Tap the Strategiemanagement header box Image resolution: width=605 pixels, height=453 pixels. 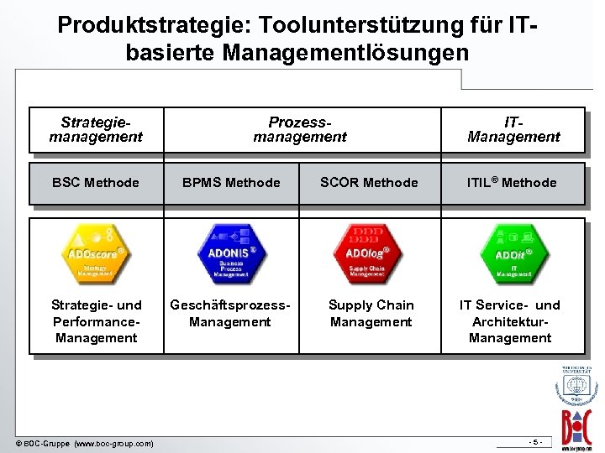pos(96,130)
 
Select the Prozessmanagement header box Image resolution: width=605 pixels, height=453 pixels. pos(300,130)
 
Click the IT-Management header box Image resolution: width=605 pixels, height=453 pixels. pos(513,130)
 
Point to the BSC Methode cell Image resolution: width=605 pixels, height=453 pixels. pos(96,182)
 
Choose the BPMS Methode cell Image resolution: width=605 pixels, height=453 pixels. pos(230,182)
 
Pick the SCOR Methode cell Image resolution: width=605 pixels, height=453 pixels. pos(371,182)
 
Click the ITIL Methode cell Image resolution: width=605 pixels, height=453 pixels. pos(513,182)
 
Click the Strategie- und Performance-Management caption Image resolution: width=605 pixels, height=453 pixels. pos(96,321)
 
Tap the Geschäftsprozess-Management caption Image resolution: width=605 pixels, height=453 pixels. pos(230,313)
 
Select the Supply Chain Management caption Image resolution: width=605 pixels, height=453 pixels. pos(371,313)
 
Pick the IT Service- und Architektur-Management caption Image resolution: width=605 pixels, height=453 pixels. pos(510,321)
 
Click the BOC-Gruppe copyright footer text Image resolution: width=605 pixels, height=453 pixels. pos(85,443)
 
